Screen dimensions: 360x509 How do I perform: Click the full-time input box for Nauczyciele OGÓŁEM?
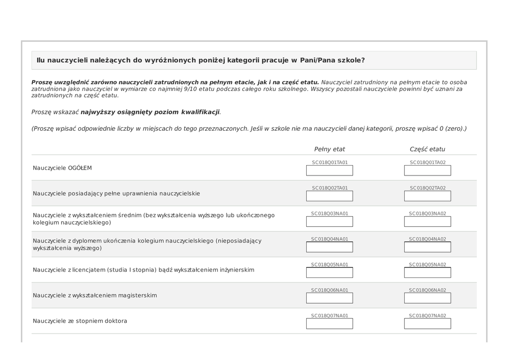pos(330,171)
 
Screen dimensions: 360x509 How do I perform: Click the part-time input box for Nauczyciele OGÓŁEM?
pos(427,171)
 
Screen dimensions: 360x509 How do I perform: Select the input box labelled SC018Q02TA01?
pos(330,196)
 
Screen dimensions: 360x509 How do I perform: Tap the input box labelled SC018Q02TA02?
pos(427,196)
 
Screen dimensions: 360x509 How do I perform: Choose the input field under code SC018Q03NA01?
pos(330,222)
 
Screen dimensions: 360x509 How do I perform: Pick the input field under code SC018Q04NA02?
pos(427,247)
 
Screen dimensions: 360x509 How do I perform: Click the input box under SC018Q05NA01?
pos(330,272)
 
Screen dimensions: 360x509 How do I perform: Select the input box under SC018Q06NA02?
pos(427,298)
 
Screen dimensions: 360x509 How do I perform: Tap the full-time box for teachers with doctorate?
pos(330,324)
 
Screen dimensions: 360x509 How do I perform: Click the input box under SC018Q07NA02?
pos(427,324)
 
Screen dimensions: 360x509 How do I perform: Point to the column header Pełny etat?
pos(330,149)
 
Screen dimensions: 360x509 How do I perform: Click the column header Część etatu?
pos(427,149)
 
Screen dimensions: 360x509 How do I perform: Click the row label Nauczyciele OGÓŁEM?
pos(62,168)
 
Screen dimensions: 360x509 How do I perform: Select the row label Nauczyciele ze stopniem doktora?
pos(80,321)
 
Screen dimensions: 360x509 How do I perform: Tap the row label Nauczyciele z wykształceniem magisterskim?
pos(95,295)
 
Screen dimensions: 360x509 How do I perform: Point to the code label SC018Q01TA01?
pos(330,162)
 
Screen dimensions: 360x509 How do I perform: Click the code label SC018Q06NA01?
pos(330,290)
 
